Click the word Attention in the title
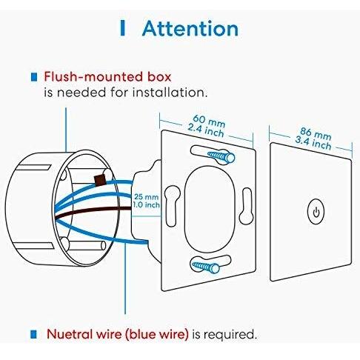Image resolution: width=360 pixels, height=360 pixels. tap(190, 29)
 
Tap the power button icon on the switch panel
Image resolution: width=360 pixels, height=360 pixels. tap(316, 212)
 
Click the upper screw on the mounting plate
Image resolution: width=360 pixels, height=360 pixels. tap(221, 156)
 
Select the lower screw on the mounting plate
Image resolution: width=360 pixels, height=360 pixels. tap(206, 267)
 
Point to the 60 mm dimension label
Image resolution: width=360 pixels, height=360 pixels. tap(209, 121)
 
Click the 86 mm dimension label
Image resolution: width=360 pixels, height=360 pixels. tap(316, 133)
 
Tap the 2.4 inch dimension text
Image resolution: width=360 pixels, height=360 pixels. tap(206, 130)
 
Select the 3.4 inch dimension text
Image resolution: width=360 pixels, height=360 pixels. tap(313, 143)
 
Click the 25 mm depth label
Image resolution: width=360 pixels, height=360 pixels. tap(146, 197)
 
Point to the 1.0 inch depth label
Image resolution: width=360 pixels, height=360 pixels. tap(146, 204)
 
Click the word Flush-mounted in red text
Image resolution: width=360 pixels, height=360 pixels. tap(93, 76)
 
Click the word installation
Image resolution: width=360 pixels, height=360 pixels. tap(168, 93)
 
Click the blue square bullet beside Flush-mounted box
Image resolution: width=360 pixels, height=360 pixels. tap(34, 77)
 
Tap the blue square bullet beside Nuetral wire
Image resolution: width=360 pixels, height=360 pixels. tap(33, 334)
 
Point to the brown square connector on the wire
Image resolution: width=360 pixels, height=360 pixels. tap(100, 180)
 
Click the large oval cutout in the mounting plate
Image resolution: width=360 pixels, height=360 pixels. tap(210, 209)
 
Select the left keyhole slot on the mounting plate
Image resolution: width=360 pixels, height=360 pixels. tap(173, 206)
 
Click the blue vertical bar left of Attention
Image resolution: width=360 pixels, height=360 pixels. tap(122, 28)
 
